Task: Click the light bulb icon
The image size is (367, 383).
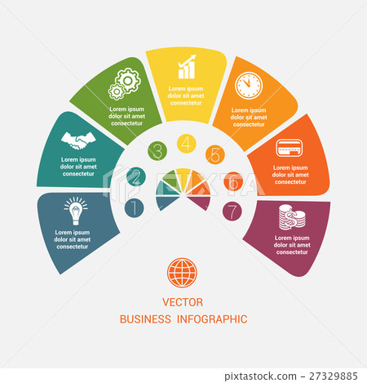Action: pyautogui.click(x=76, y=211)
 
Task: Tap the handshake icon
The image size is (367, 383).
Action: pyautogui.click(x=78, y=140)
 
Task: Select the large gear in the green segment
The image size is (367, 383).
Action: pyautogui.click(x=127, y=80)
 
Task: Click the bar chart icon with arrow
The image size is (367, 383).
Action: pyautogui.click(x=187, y=67)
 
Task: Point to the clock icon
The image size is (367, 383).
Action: pyautogui.click(x=249, y=86)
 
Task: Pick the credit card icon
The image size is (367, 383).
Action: pyautogui.click(x=290, y=148)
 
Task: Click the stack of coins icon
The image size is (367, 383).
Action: pyautogui.click(x=292, y=217)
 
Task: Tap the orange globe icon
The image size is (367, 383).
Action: pyautogui.click(x=182, y=273)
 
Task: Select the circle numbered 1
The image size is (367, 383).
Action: pyautogui.click(x=135, y=208)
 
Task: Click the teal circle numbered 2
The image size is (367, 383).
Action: pyautogui.click(x=136, y=176)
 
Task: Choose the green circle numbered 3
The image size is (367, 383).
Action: pyautogui.click(x=157, y=151)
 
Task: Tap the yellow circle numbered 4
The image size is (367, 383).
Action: pyautogui.click(x=187, y=144)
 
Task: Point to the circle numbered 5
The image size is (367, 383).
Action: pyautogui.click(x=215, y=154)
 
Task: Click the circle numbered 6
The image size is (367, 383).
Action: pyautogui.click(x=233, y=181)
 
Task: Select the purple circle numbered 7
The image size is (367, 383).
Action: pyautogui.click(x=232, y=212)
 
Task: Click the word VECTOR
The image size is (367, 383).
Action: pyautogui.click(x=183, y=302)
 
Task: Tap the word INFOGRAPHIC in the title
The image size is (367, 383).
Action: pyautogui.click(x=212, y=319)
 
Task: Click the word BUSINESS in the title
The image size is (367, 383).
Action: pyautogui.click(x=145, y=319)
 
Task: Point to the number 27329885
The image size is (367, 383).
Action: pyautogui.click(x=334, y=376)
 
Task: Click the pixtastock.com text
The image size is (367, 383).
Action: pyautogui.click(x=260, y=376)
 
